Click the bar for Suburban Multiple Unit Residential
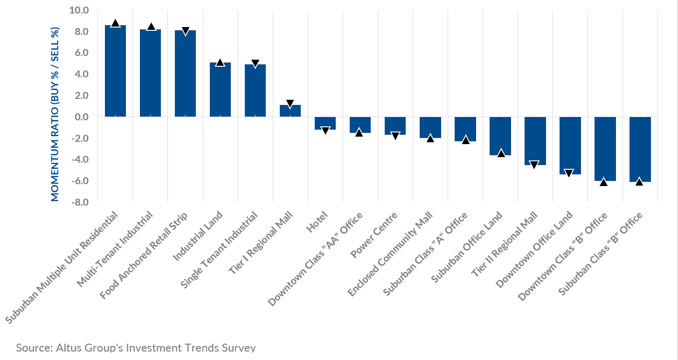(115, 71)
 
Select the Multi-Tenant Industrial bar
(150, 73)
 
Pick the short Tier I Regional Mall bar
(290, 111)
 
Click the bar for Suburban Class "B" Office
(640, 149)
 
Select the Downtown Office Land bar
(570, 145)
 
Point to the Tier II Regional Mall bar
(535, 140)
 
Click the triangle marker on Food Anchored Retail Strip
(185, 31)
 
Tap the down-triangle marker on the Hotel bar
(325, 131)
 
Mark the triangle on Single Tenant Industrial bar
(255, 64)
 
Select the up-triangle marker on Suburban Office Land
(500, 153)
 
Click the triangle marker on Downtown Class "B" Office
(605, 182)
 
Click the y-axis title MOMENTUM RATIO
(55, 114)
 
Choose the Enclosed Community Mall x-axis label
(391, 254)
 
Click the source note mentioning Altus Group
(136, 348)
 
